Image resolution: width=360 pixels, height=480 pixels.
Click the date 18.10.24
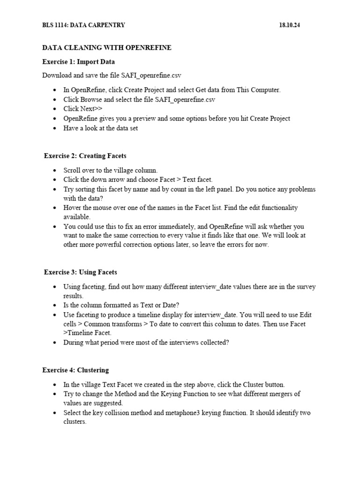tap(289, 25)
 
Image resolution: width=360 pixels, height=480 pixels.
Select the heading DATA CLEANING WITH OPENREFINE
tap(107, 48)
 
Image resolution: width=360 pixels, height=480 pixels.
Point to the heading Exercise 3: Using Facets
tap(80, 272)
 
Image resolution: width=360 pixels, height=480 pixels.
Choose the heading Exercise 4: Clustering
tap(75, 370)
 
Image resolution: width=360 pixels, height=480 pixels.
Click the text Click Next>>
tap(83, 109)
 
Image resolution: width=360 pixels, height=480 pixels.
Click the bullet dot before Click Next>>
tap(55, 109)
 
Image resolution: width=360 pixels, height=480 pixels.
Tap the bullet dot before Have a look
tap(55, 128)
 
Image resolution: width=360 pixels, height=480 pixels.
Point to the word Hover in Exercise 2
tap(73, 208)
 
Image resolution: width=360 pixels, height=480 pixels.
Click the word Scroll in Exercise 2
tap(73, 170)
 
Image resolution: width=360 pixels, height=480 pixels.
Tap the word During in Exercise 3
tap(74, 342)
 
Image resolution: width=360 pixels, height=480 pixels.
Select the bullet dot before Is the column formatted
tap(55, 305)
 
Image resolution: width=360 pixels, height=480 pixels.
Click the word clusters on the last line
tap(75, 421)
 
